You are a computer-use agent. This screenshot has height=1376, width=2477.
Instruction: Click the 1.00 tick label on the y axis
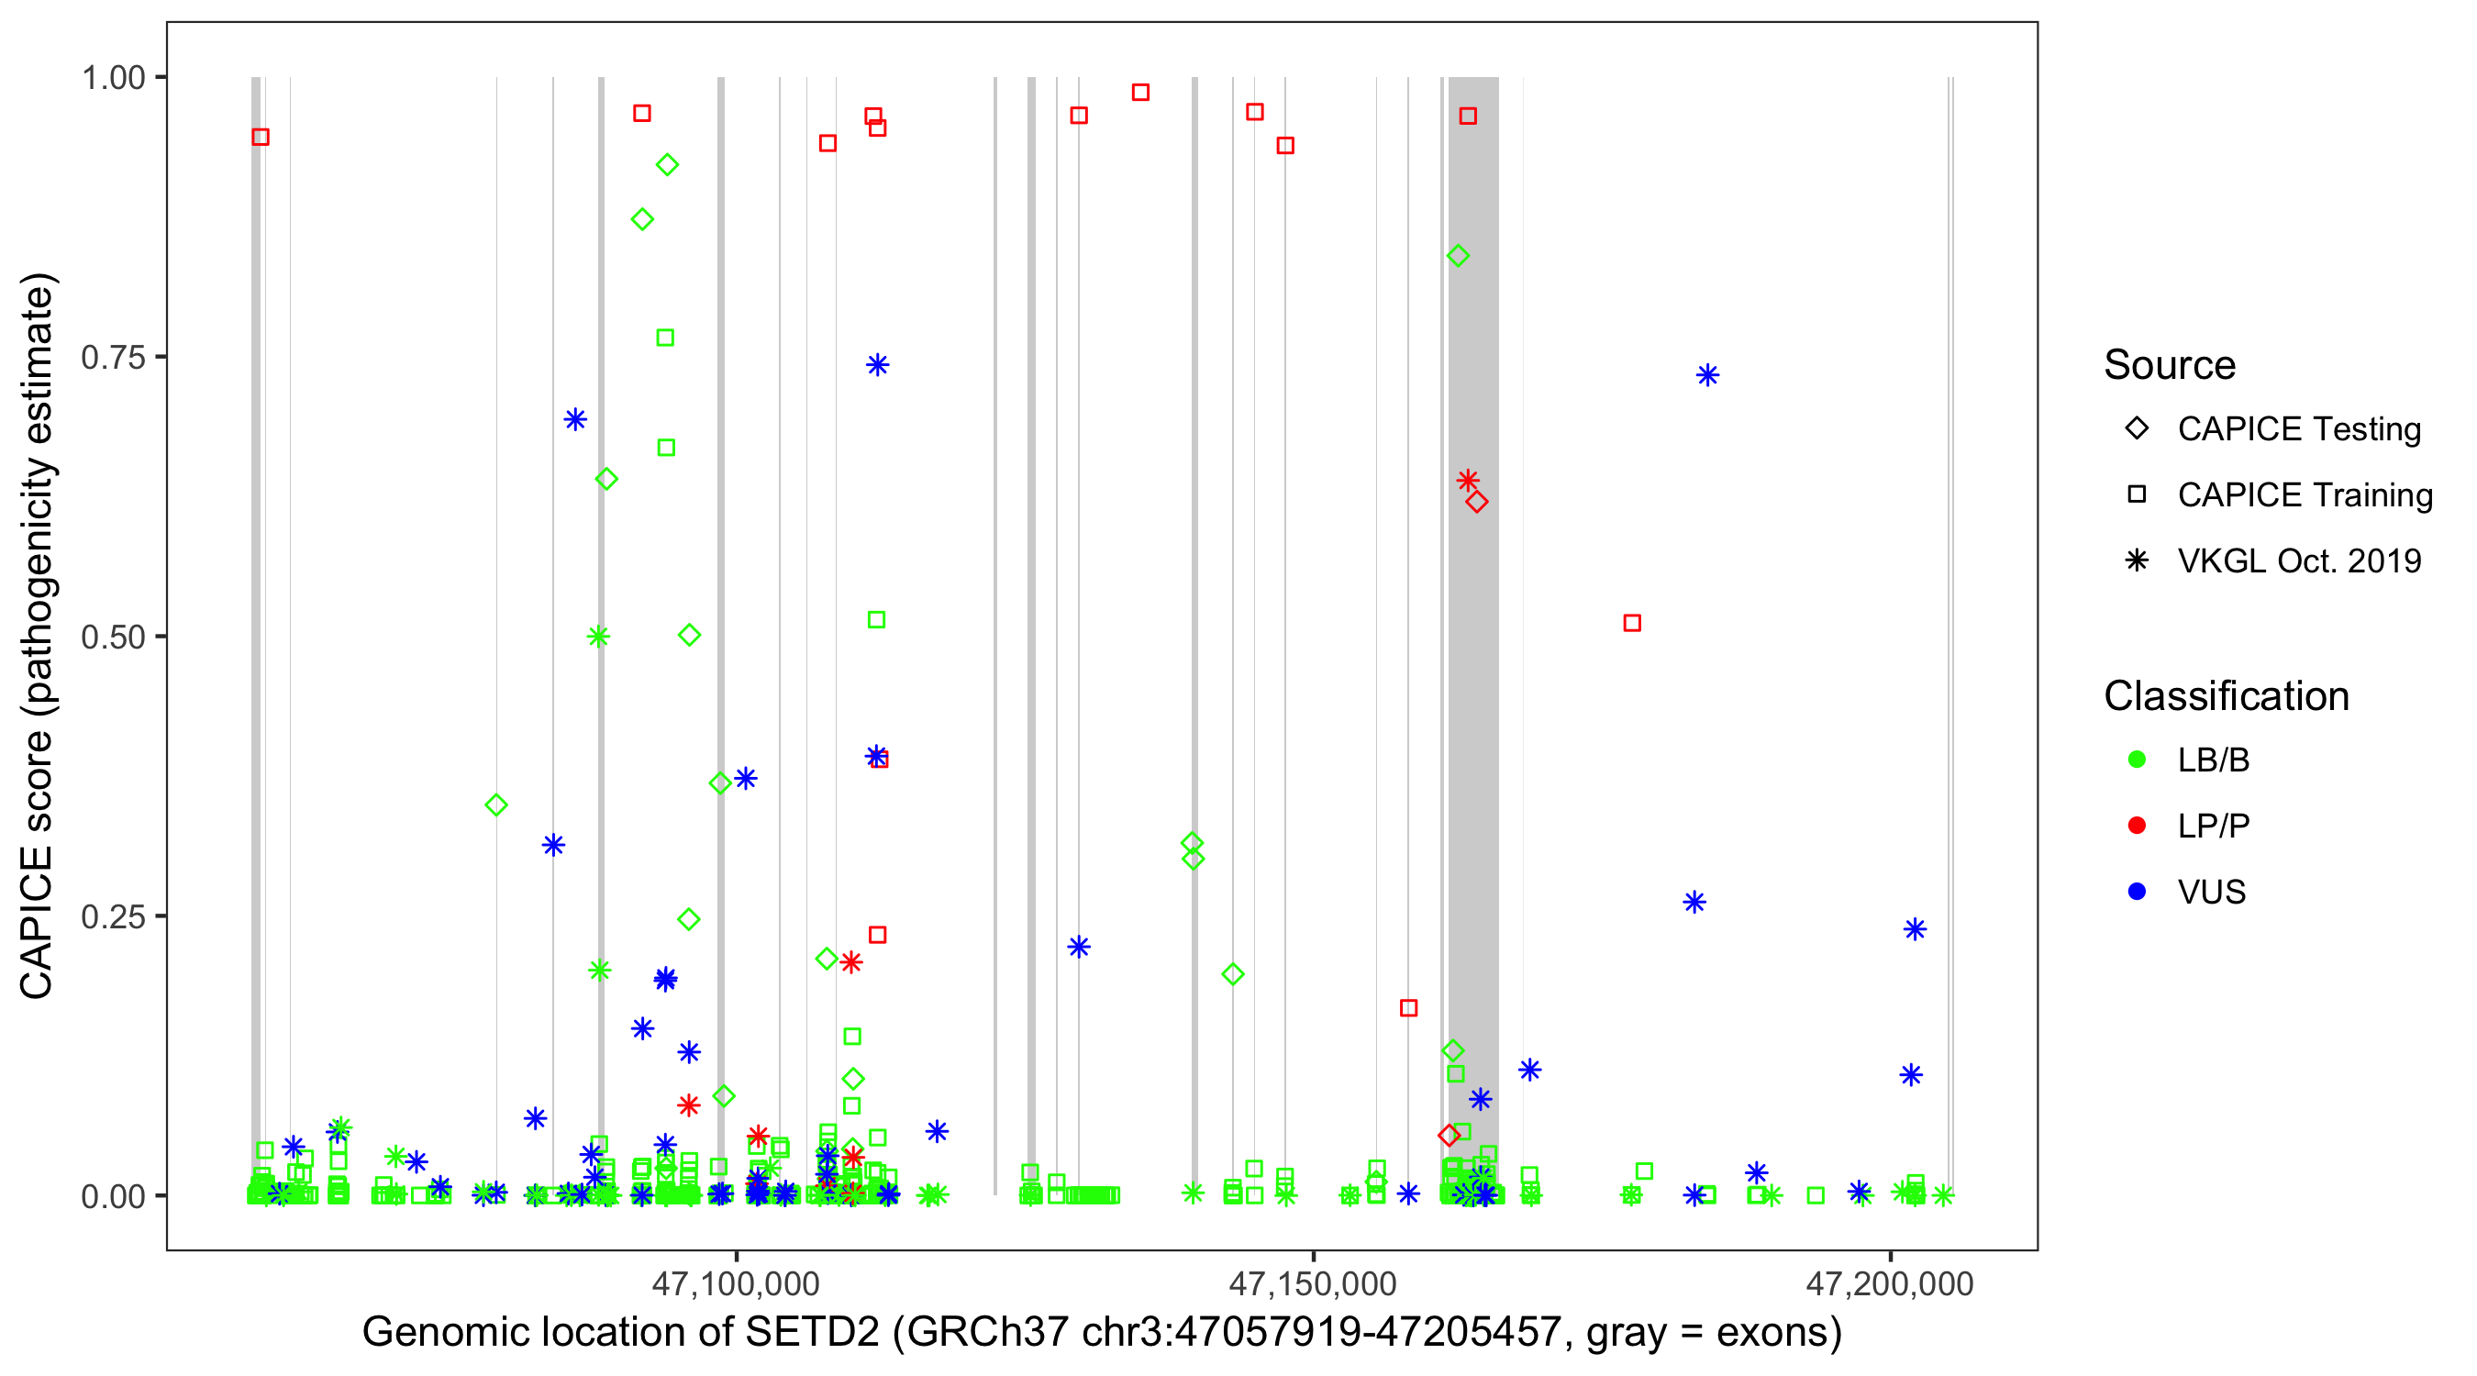[x=113, y=77]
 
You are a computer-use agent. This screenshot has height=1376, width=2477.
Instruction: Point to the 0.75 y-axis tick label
[x=113, y=357]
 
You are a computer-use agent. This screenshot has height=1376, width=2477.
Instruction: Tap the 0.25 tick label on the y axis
[x=113, y=916]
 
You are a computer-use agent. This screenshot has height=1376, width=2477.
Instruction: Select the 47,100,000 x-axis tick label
[x=736, y=1282]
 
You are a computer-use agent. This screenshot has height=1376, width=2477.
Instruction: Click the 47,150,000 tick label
[x=1313, y=1282]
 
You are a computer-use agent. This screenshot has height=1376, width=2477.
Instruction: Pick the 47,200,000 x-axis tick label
[x=1890, y=1282]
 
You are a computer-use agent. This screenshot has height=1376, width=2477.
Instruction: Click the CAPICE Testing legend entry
[x=2298, y=429]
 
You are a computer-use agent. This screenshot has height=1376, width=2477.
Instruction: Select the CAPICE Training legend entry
[x=2304, y=495]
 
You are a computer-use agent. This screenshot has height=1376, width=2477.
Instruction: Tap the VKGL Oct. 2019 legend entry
[x=2298, y=560]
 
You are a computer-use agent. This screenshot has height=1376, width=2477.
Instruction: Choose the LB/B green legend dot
[x=2137, y=760]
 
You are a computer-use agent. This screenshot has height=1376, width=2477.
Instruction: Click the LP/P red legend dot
[x=2137, y=826]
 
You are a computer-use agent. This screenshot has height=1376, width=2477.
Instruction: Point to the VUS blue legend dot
[x=2137, y=892]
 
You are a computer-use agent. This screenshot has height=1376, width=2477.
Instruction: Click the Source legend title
[x=2170, y=365]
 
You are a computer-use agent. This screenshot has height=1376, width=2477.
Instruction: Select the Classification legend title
[x=2226, y=696]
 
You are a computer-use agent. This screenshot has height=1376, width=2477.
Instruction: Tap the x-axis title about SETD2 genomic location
[x=1101, y=1332]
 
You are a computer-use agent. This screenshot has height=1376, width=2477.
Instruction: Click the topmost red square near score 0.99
[x=1140, y=93]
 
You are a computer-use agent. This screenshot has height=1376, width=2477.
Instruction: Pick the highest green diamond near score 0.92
[x=667, y=164]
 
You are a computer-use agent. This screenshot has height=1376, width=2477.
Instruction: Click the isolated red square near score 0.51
[x=1632, y=623]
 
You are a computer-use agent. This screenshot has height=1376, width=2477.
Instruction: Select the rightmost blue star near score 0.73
[x=1707, y=375]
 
